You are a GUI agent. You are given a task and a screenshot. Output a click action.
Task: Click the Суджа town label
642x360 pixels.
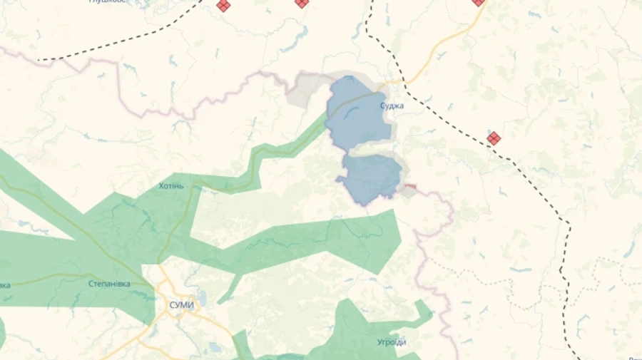(392, 106)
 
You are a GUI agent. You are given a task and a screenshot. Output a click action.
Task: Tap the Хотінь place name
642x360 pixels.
(171, 186)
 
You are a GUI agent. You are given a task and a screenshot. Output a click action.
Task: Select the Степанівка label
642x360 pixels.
(109, 284)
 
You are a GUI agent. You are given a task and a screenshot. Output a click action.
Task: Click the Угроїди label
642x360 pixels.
(392, 342)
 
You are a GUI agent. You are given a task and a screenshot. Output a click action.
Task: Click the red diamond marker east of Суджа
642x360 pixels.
(494, 138)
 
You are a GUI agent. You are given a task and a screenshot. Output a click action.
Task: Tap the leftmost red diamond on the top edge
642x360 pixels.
(223, 5)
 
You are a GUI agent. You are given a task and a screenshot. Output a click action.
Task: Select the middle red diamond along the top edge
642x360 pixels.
(302, 3)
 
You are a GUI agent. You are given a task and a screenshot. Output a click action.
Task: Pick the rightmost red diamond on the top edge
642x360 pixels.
(478, 2)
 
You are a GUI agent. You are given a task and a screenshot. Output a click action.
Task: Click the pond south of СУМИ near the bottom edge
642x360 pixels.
(214, 349)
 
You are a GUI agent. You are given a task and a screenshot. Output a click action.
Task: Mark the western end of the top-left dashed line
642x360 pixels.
(40, 60)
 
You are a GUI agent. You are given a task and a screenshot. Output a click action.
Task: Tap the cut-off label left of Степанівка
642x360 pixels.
(4, 285)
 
